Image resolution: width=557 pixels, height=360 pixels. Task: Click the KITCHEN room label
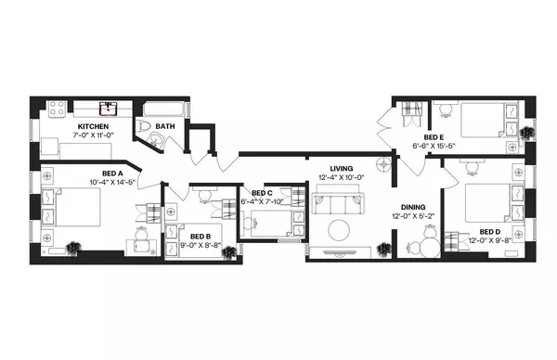94,126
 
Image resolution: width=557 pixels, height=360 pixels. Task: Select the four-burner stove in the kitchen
55,109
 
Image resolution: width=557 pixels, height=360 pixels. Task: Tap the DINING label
415,207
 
